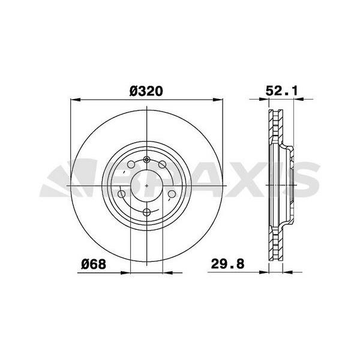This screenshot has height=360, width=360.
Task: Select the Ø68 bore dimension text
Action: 94,264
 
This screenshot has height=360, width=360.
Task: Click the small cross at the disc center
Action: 147,185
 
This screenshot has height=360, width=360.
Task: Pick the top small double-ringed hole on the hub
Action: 147,160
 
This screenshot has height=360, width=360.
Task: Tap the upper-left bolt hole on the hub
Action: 131,165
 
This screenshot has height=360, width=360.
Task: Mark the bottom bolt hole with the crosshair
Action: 147,211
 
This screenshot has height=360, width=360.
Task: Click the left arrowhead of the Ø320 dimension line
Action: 74,100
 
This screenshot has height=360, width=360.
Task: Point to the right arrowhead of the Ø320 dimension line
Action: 220,100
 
